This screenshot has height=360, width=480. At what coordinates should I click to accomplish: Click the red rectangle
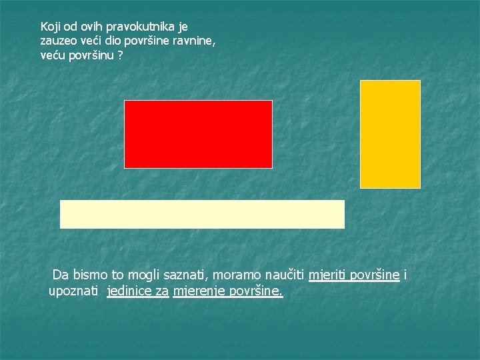(x=198, y=134)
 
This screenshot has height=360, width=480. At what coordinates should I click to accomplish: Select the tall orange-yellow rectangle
(x=390, y=134)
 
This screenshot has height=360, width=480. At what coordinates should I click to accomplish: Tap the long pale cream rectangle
(x=202, y=214)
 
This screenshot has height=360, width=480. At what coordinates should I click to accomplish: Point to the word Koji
(x=51, y=27)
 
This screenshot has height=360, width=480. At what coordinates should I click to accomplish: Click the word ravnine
(x=194, y=41)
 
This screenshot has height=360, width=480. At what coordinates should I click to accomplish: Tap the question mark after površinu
(x=120, y=55)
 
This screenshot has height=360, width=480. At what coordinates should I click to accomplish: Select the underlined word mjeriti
(x=328, y=275)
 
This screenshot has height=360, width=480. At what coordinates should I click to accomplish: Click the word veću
(x=53, y=55)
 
